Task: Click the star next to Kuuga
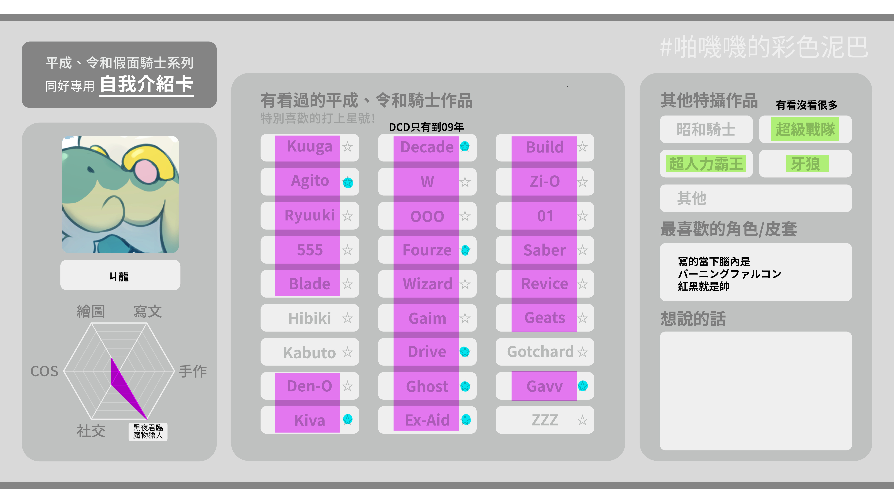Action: tap(347, 147)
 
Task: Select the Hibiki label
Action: tap(310, 318)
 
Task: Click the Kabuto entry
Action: tap(310, 352)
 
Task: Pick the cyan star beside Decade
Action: tap(465, 146)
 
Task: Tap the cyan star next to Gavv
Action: tap(583, 386)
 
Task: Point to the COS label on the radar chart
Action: tap(44, 371)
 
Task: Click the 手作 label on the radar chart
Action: tap(193, 371)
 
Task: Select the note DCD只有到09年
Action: tap(426, 127)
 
